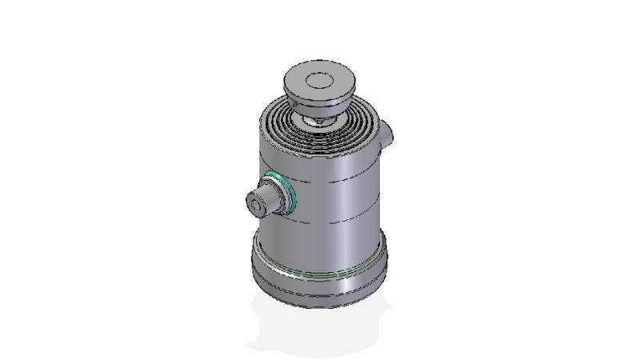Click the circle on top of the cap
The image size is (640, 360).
(320, 80)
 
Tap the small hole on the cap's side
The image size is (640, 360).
(294, 101)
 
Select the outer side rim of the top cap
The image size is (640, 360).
(336, 98)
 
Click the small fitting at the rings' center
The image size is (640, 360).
(318, 121)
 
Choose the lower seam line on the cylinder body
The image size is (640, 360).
(336, 210)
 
